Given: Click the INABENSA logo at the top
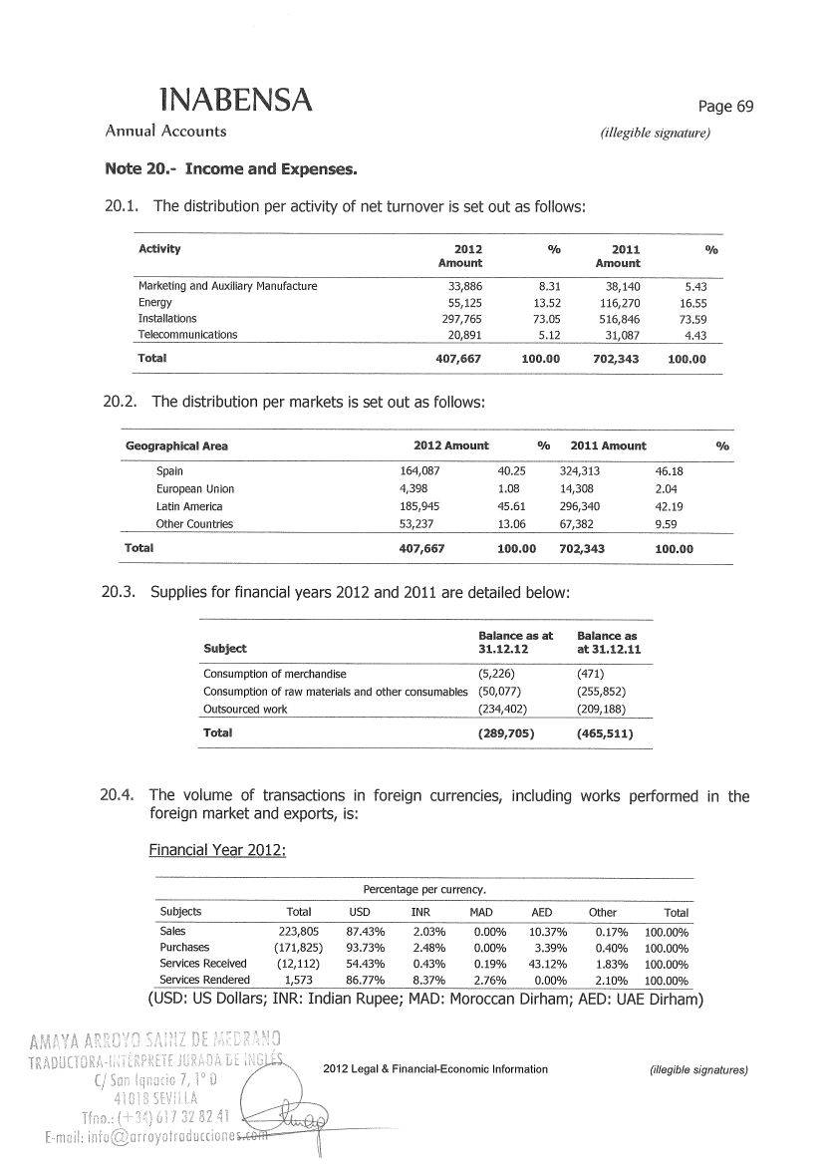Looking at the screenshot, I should (236, 99).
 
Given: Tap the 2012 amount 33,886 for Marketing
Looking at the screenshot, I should (460, 286).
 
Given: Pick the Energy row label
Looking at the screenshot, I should (154, 302).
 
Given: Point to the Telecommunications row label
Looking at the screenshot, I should (187, 335).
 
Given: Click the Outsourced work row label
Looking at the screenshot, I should (245, 709).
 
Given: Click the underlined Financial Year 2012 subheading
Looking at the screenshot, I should (217, 850).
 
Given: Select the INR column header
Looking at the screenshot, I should (420, 912).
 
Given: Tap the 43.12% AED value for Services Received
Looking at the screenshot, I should (534, 964).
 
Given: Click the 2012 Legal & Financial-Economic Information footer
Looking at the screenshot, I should (436, 1069).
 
